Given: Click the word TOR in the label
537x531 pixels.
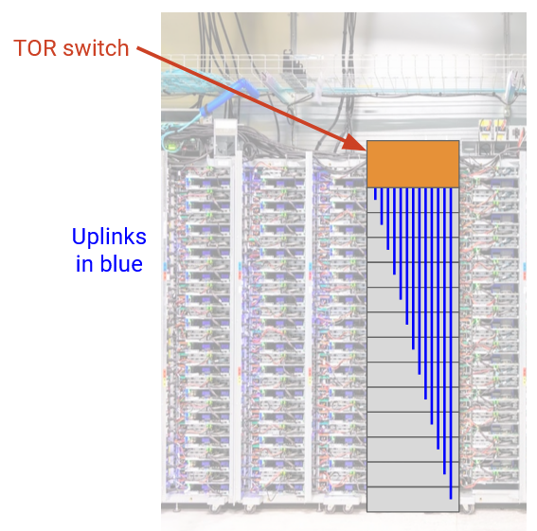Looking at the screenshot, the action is click(35, 47).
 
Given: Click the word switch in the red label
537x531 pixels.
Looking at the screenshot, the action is click(97, 47).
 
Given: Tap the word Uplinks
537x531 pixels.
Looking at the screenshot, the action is click(109, 237).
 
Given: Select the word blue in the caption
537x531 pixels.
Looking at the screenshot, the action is click(121, 264).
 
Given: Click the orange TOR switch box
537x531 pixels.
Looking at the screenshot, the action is click(413, 164).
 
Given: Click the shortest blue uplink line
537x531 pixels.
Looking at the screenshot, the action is click(375, 193).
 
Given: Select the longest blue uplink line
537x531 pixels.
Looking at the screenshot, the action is click(451, 343).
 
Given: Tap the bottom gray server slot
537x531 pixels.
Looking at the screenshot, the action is click(413, 499).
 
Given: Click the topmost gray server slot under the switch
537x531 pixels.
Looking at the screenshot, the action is click(413, 200).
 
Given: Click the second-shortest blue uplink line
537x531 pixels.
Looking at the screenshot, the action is click(382, 206).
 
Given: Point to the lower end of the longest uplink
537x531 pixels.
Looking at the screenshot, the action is click(451, 499).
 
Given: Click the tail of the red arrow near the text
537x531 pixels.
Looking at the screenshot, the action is click(137, 47).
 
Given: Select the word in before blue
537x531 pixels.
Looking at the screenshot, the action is click(83, 264).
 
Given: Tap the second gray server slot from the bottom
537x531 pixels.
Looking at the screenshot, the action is click(413, 474).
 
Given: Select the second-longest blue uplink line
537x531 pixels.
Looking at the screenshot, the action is click(444, 330).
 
